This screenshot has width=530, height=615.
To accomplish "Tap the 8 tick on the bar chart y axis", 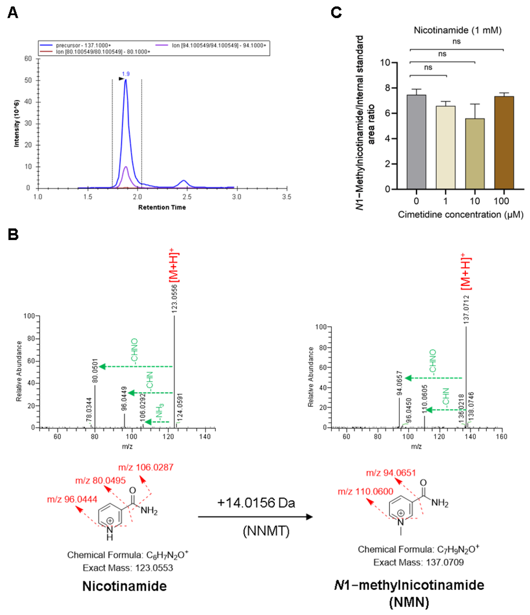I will pos(387,88).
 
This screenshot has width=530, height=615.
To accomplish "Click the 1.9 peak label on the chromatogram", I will pos(126,74).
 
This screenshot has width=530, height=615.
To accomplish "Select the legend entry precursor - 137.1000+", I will pos(83,45).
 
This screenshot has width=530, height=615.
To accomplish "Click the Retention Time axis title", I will pos(162,207).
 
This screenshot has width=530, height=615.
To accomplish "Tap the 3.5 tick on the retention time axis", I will pos(286,197).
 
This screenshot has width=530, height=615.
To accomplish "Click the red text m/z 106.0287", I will pos(146,467).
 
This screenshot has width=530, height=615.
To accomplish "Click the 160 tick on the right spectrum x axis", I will pos(501,437).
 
